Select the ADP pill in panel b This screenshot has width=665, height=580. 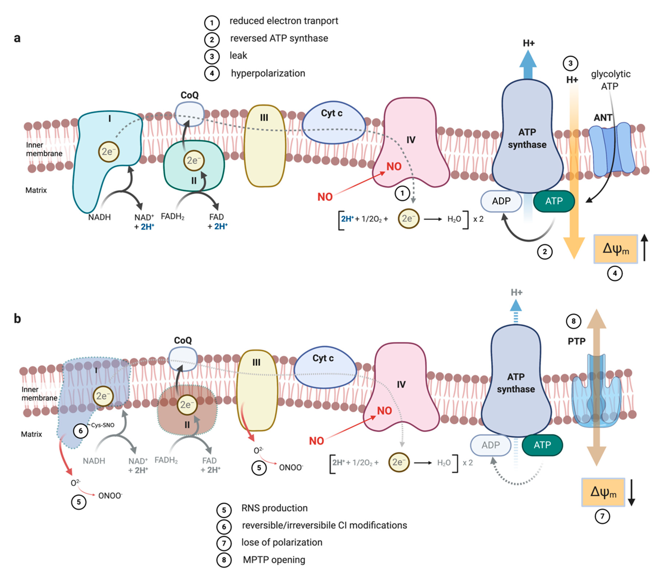490,445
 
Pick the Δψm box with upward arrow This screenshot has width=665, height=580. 615,249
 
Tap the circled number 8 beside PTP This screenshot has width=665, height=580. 573,321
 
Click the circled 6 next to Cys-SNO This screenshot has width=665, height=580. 81,431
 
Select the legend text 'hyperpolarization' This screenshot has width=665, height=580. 268,73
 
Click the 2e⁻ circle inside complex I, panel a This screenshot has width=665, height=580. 109,151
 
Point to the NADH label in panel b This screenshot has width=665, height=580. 94,461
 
